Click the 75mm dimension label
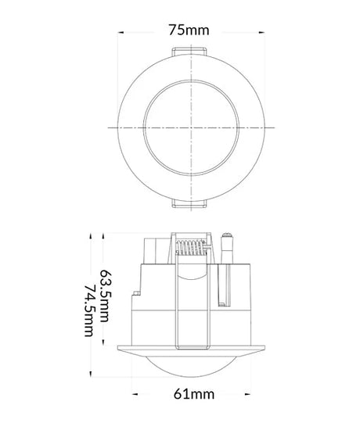(x=189, y=30)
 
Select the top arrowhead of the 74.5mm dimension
(x=92, y=234)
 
